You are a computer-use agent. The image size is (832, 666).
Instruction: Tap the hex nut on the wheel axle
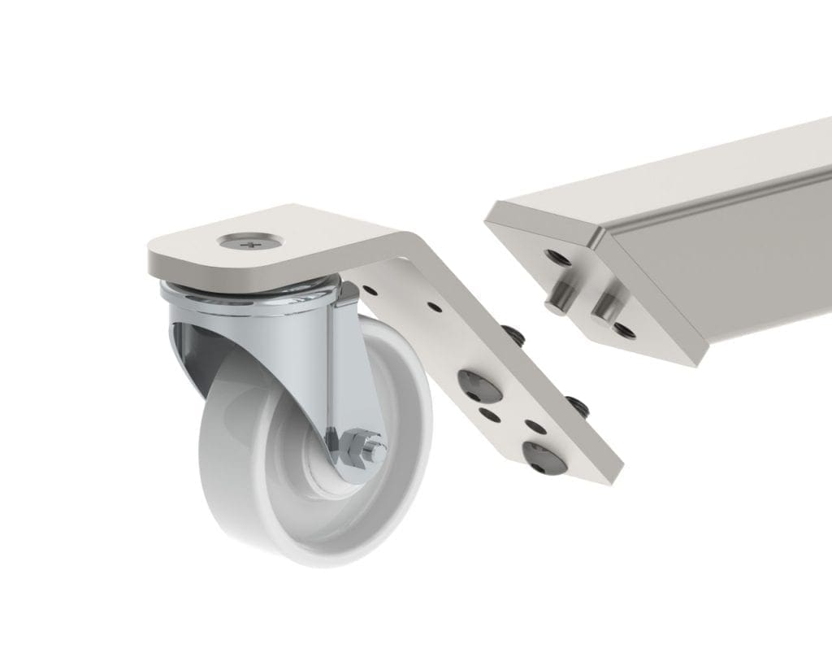(x=357, y=446)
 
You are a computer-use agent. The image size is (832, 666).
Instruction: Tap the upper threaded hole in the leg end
(x=558, y=259)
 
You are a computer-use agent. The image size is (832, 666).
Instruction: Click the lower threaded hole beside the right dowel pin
(x=623, y=330)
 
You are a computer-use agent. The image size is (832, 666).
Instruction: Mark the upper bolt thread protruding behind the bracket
(x=514, y=334)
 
